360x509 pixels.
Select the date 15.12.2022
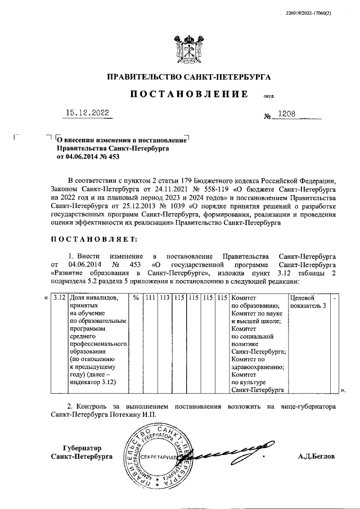(x=88, y=112)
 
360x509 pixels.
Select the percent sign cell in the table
(x=136, y=298)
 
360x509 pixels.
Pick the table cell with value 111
(x=150, y=298)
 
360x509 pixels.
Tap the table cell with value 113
(x=164, y=298)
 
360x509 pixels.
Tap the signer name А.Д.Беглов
(x=316, y=456)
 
